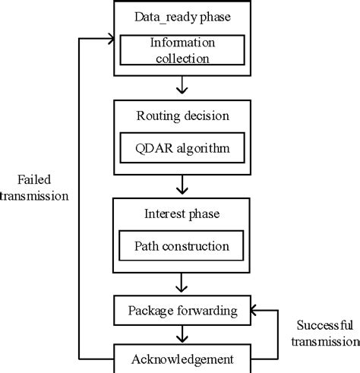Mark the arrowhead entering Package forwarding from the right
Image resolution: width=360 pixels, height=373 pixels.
pos(254,310)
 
